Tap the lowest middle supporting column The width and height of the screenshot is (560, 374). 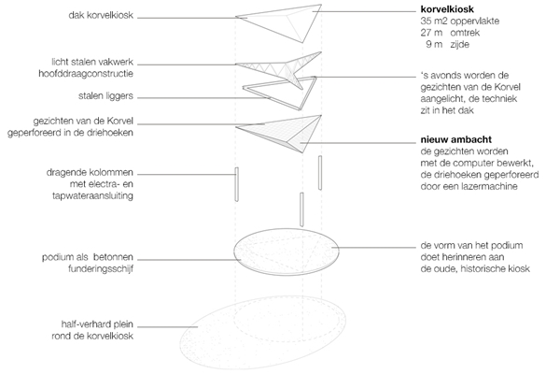coord(301,206)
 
